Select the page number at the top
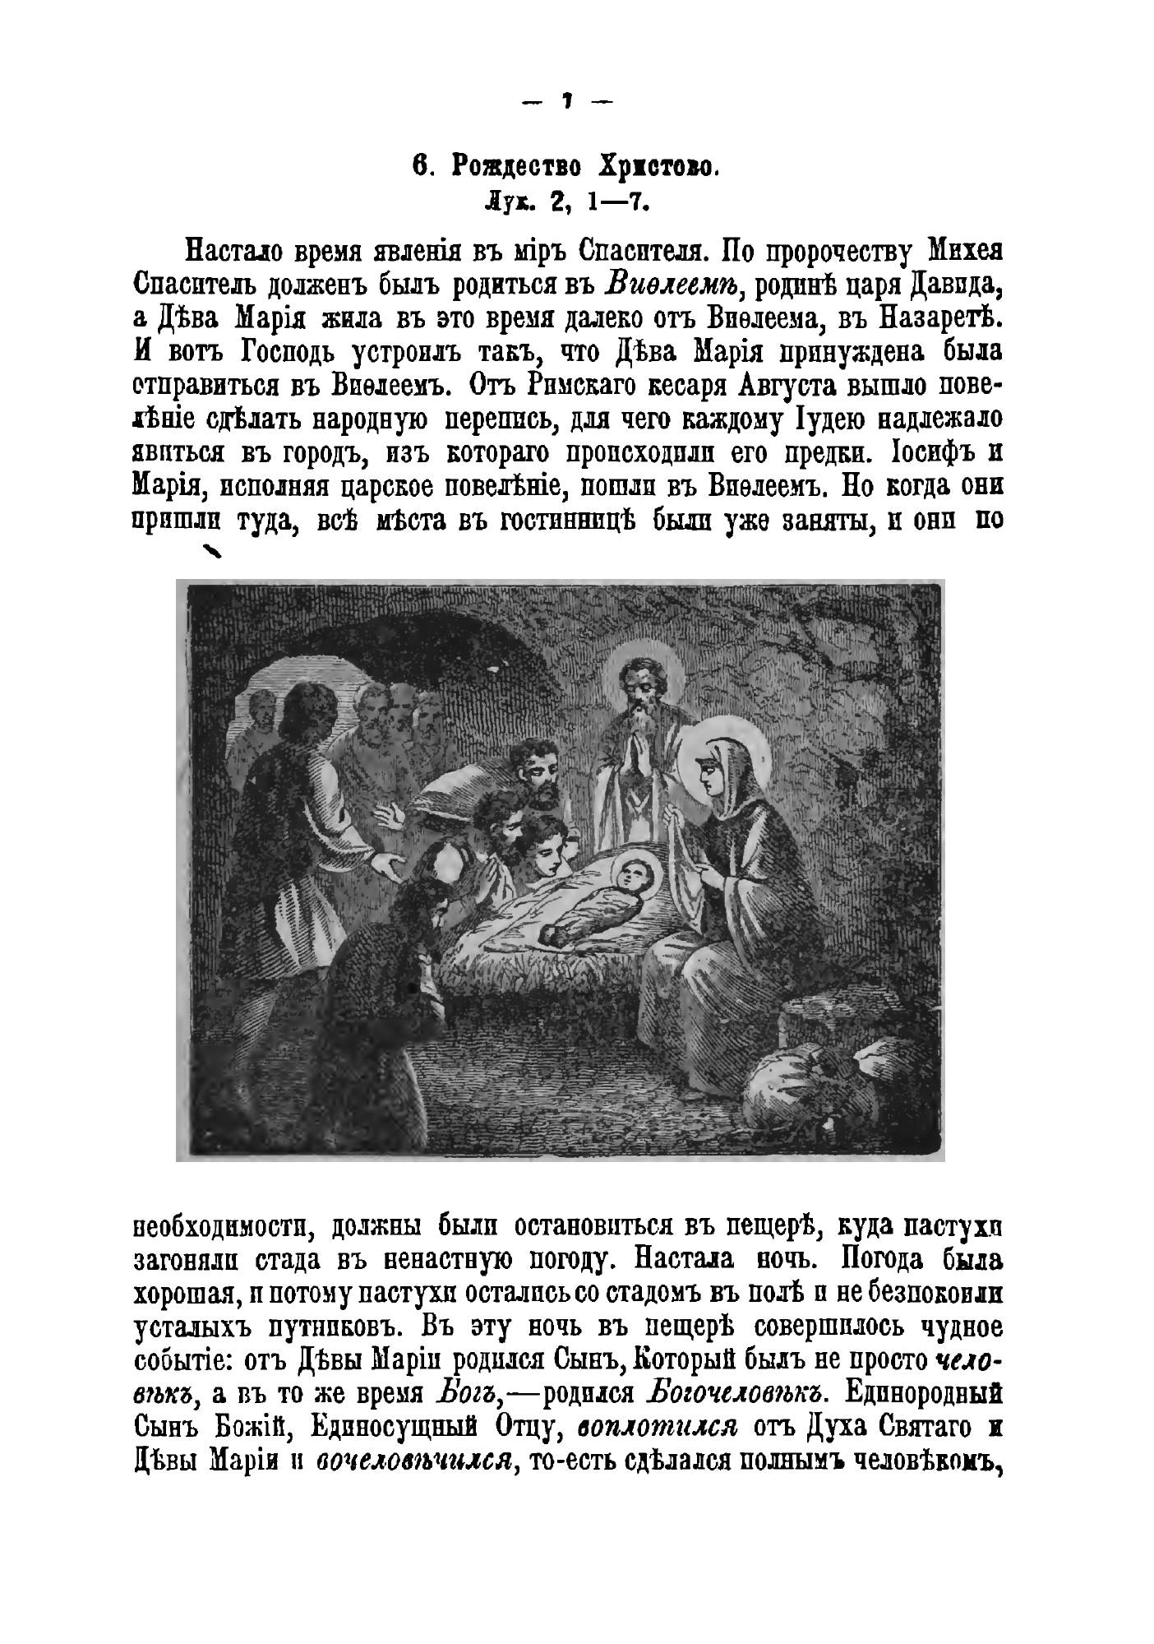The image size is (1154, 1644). click(567, 101)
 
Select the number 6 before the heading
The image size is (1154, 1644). click(420, 167)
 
